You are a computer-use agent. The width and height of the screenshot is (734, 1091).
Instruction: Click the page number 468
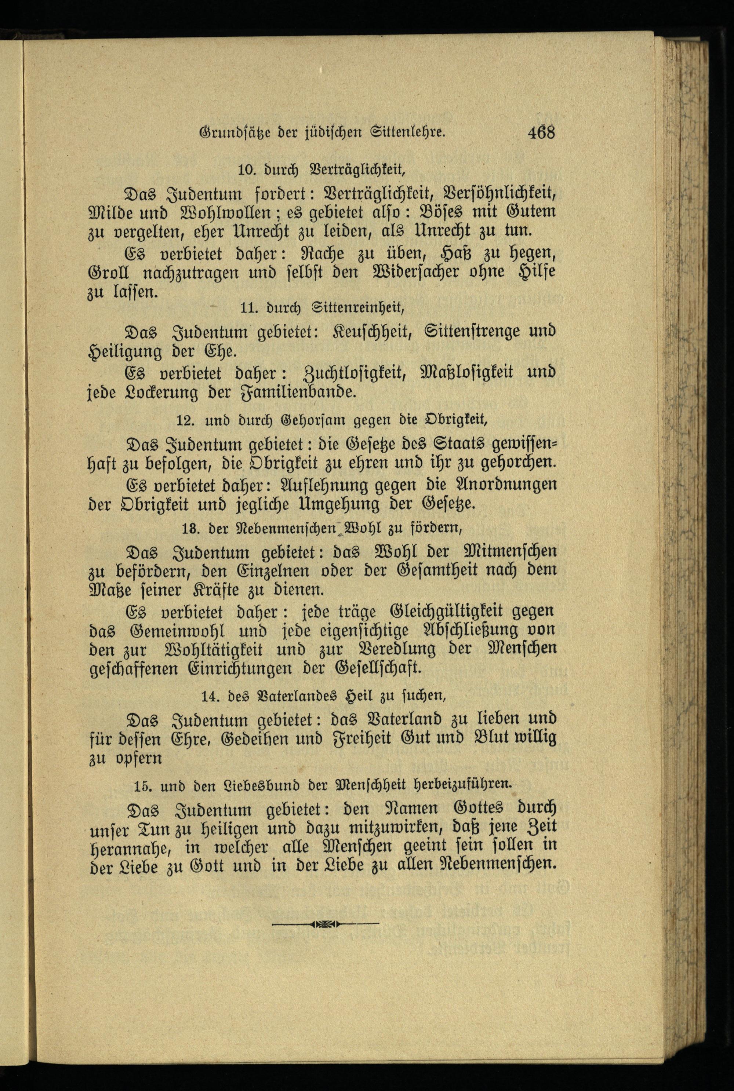click(x=541, y=133)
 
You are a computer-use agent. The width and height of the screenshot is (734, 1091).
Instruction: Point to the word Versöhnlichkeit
click(x=499, y=192)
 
